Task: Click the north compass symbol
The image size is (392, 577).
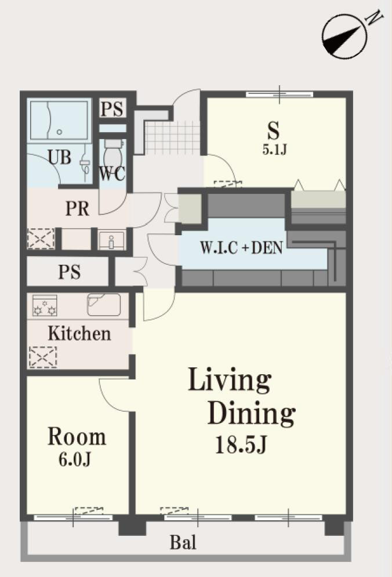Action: pyautogui.click(x=344, y=37)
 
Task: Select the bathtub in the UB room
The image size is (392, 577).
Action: pyautogui.click(x=59, y=120)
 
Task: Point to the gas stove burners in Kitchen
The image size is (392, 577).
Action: pyautogui.click(x=45, y=305)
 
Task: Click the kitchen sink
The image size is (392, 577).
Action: pyautogui.click(x=104, y=304)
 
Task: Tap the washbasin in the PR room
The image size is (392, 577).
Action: pyautogui.click(x=112, y=240)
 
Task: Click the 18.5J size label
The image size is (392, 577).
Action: pyautogui.click(x=241, y=444)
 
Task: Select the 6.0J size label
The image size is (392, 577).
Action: pyautogui.click(x=75, y=459)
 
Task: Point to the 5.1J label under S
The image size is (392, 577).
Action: pyautogui.click(x=274, y=149)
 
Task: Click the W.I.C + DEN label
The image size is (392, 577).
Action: pyautogui.click(x=242, y=247)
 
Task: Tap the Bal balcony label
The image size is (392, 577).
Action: pyautogui.click(x=183, y=542)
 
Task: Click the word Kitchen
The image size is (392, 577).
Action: pyautogui.click(x=79, y=333)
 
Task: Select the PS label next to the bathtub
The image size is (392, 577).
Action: pyautogui.click(x=112, y=108)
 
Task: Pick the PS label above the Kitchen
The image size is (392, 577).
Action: pyautogui.click(x=69, y=272)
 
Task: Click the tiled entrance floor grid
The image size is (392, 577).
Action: pyautogui.click(x=172, y=137)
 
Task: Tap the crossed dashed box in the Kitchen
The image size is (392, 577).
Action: pyautogui.click(x=43, y=357)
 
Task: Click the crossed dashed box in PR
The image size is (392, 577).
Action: pyautogui.click(x=41, y=238)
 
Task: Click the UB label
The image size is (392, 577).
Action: pyautogui.click(x=60, y=157)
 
